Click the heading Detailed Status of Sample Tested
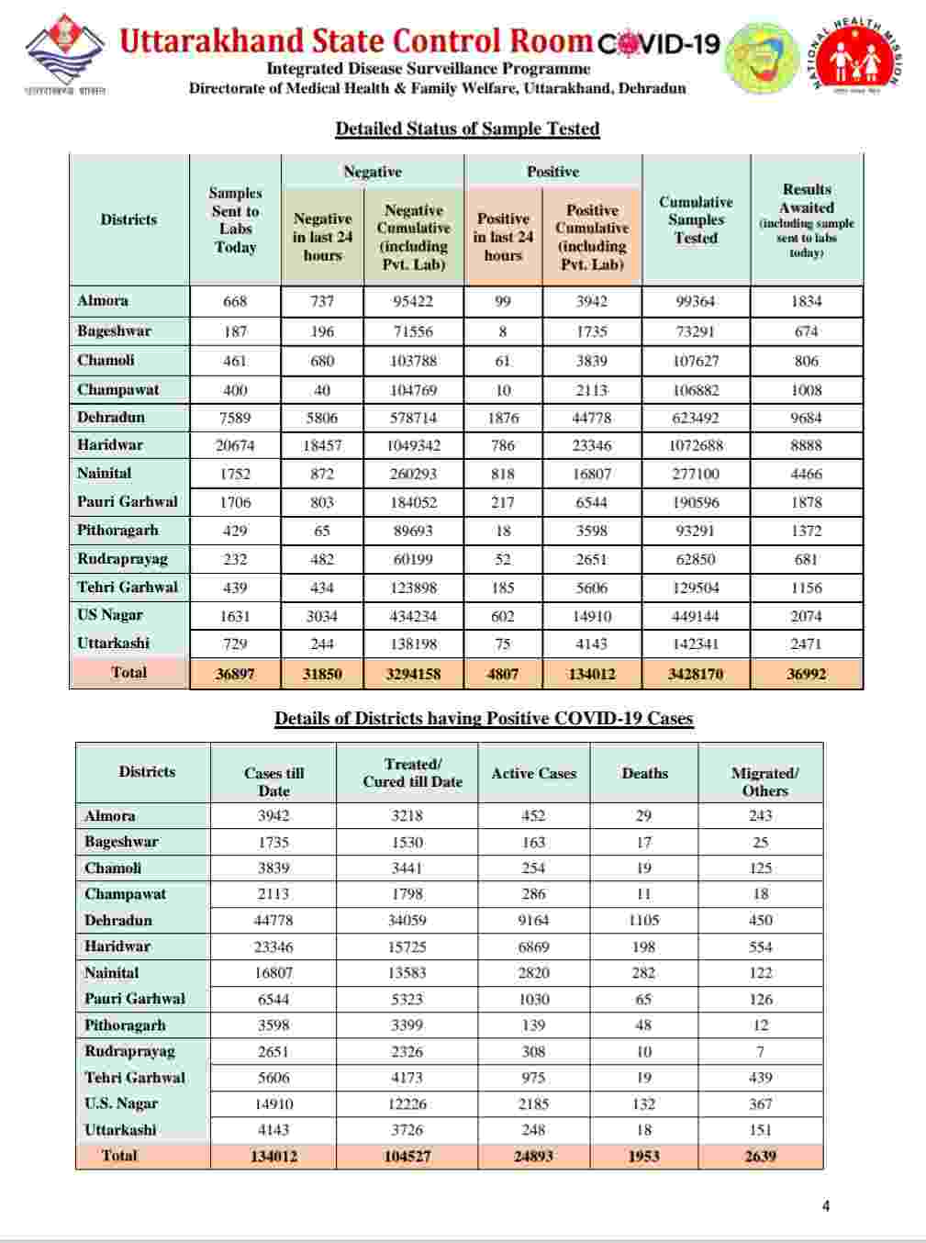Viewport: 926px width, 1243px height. (x=467, y=129)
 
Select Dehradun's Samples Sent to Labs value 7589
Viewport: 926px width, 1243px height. (x=235, y=418)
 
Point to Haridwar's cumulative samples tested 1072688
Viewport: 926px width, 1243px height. (x=696, y=445)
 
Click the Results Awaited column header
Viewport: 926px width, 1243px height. (x=806, y=219)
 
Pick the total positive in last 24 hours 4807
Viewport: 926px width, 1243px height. (x=503, y=673)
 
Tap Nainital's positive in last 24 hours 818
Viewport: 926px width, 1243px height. (x=503, y=474)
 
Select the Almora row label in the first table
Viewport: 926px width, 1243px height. (x=103, y=301)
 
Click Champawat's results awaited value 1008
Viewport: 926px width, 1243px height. (x=806, y=390)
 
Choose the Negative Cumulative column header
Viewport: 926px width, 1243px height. (x=414, y=237)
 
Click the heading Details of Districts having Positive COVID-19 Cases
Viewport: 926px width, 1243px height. (x=484, y=719)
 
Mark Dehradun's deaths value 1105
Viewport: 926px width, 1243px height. (x=643, y=920)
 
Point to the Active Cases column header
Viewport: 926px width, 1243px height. (x=533, y=773)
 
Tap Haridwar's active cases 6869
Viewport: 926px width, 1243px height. (x=533, y=946)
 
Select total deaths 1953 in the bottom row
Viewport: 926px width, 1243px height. (x=643, y=1156)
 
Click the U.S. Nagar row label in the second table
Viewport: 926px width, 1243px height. (x=121, y=1103)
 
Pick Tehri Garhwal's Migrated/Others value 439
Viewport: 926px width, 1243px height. (x=760, y=1078)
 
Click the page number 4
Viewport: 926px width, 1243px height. (x=826, y=1206)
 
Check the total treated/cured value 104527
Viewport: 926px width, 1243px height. (x=407, y=1156)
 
